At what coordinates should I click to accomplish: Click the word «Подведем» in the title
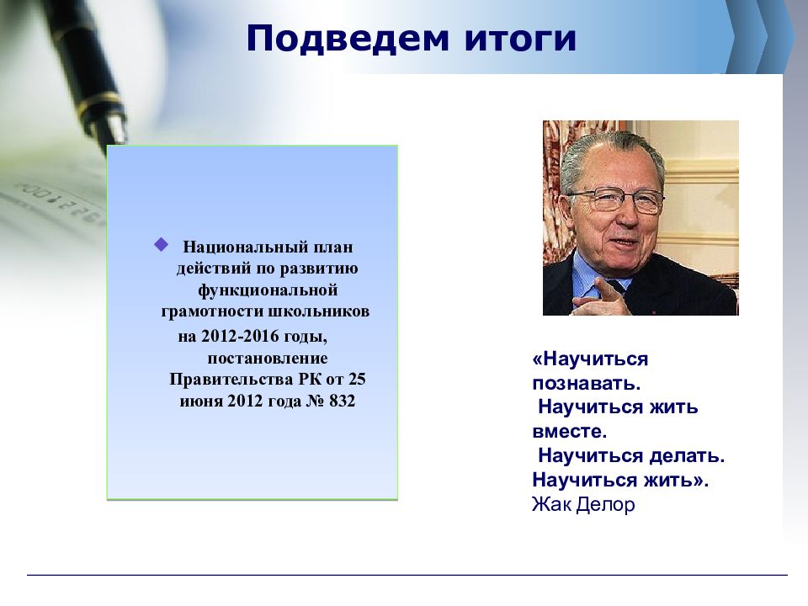(x=348, y=40)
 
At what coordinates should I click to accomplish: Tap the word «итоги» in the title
(x=520, y=40)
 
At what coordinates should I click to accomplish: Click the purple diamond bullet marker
(x=162, y=244)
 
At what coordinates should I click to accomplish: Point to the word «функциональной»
(x=268, y=290)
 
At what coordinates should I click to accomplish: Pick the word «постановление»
(x=268, y=359)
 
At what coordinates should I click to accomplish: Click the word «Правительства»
(x=231, y=380)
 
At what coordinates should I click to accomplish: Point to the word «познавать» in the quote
(x=586, y=384)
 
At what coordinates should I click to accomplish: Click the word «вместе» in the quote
(x=569, y=431)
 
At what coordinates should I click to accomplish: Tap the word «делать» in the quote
(x=687, y=455)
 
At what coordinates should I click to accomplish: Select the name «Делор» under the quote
(x=605, y=504)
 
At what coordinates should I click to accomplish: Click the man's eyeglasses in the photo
(x=616, y=199)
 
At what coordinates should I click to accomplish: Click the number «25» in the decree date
(x=357, y=379)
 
